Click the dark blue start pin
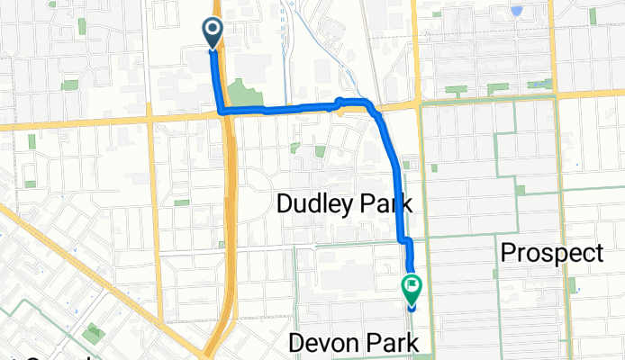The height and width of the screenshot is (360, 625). click(x=213, y=33)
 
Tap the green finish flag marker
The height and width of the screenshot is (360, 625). click(x=412, y=290)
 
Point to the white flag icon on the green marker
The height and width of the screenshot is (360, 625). click(x=412, y=286)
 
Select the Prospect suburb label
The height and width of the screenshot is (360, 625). click(x=551, y=253)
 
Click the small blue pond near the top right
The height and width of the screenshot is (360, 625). click(x=516, y=12)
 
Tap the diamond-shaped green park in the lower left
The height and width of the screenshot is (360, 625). click(x=94, y=335)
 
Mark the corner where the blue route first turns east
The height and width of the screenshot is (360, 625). click(x=221, y=112)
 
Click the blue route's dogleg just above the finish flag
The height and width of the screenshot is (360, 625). click(x=405, y=241)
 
